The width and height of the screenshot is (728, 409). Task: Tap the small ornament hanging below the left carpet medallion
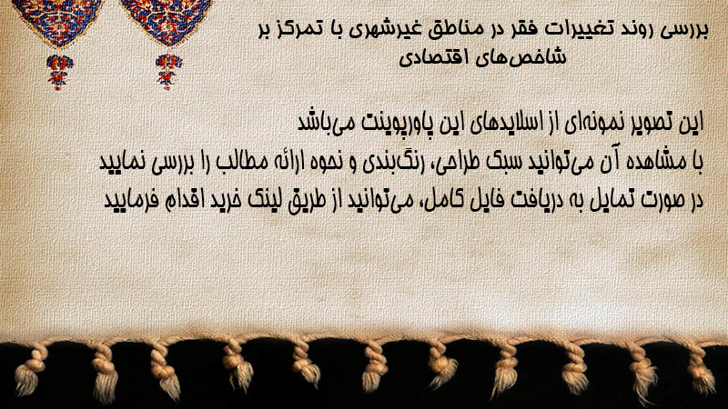(58, 72)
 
